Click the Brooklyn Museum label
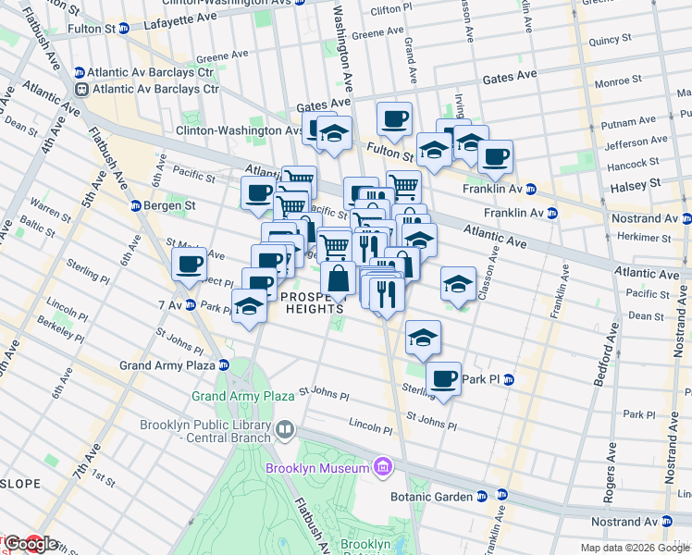pos(317,468)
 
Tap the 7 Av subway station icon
pos(190,304)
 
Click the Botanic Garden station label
pos(441,496)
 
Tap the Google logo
pos(30,544)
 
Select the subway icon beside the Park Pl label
pos(508,379)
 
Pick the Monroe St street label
pos(612,82)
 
